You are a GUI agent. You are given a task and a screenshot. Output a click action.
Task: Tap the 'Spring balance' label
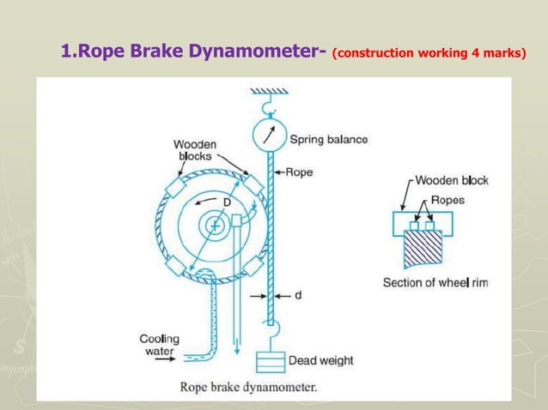tap(328, 139)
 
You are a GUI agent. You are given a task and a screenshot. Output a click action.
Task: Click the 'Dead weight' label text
tap(320, 360)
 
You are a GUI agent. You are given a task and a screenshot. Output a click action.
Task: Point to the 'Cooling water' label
tap(159, 345)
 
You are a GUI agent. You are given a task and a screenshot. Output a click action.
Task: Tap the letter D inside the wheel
tap(227, 202)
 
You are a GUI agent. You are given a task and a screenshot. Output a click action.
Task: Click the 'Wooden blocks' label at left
tap(195, 150)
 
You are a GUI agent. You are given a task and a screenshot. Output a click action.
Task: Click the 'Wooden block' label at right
tap(452, 180)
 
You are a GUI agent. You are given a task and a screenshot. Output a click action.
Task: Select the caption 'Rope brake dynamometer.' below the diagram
tap(248, 386)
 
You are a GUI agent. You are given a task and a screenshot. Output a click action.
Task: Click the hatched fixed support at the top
tap(269, 90)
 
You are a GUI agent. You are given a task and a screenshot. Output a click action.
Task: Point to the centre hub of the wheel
tap(212, 226)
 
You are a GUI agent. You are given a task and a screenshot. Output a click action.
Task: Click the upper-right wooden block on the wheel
tap(253, 185)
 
